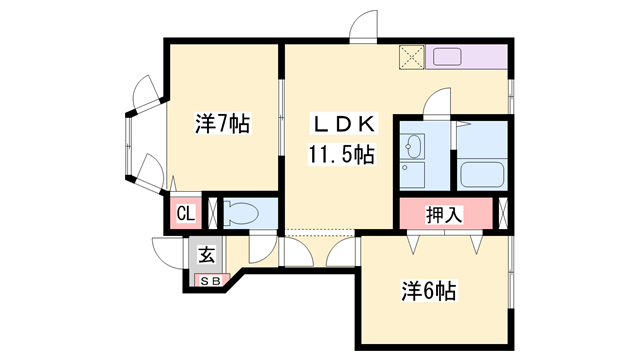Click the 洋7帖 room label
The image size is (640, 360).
pos(222,124)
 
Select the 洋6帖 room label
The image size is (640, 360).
pos(429,291)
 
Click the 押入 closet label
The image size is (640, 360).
pos(444,214)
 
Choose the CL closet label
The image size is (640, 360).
pos(185,213)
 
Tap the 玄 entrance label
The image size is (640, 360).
pos(206,254)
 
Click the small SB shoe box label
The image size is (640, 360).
pos(213,280)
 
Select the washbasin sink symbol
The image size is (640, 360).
pos(413,151)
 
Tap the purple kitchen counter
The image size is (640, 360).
pos(468,57)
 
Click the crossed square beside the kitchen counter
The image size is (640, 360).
pos(411,57)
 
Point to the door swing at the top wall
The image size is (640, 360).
pos(365,25)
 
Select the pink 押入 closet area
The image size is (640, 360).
pos(444,214)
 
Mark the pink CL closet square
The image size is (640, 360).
pos(185,213)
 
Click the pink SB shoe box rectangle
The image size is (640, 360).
pos(213,280)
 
